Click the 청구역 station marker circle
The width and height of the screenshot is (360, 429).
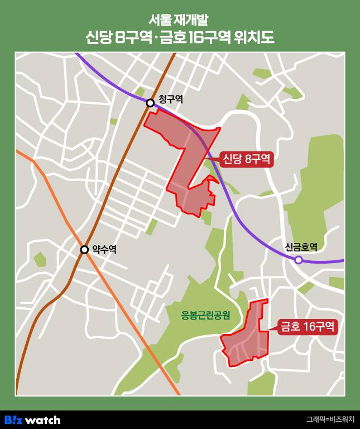[150, 103]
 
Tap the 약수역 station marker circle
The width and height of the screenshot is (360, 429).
[84, 250]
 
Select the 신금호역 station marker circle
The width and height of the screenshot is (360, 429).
[299, 260]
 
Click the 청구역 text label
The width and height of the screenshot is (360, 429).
[170, 99]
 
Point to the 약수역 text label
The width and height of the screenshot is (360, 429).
[104, 250]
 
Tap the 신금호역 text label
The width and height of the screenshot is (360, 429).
[301, 247]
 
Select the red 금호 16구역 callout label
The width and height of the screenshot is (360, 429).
[308, 326]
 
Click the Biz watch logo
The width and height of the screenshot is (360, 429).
[32, 420]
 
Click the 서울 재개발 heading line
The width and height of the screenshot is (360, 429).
[180, 19]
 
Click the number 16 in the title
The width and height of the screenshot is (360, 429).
[197, 38]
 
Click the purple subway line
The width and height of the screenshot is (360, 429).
[246, 223]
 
